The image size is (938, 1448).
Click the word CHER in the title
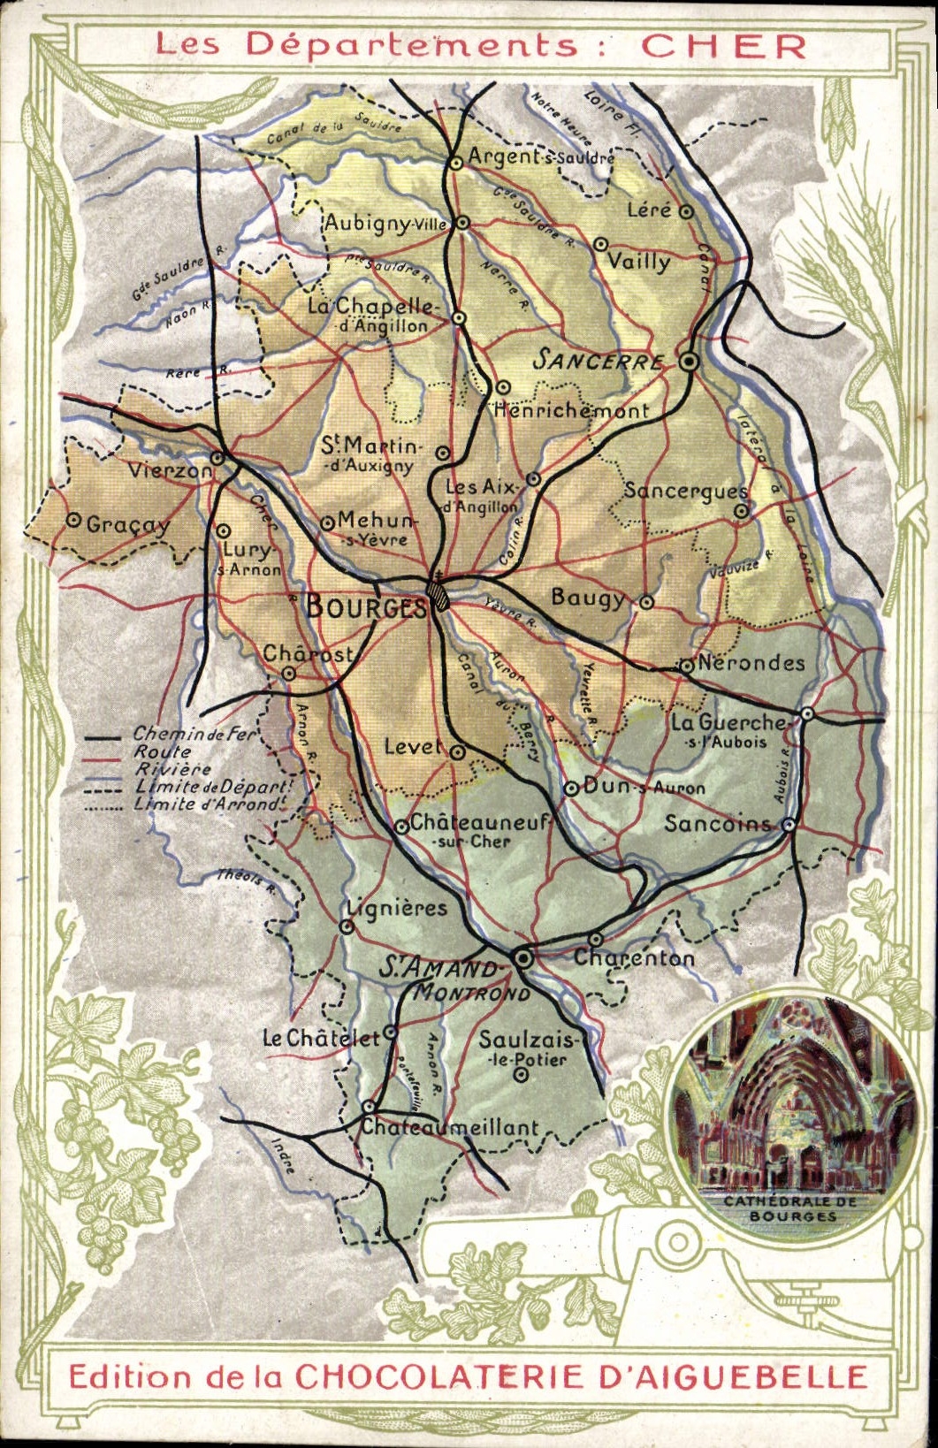point(723,46)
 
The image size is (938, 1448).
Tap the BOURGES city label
point(366,606)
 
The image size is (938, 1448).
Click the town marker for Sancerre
point(690,361)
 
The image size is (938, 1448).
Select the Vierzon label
point(170,470)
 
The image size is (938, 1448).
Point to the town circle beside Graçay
point(74,521)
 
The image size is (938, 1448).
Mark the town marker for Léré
point(686,212)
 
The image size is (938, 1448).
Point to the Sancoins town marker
point(788,825)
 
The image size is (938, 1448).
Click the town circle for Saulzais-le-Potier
point(522,1075)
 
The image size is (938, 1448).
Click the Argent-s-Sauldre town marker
point(456,162)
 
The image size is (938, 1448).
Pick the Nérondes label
point(751,663)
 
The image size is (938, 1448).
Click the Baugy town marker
point(646,602)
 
